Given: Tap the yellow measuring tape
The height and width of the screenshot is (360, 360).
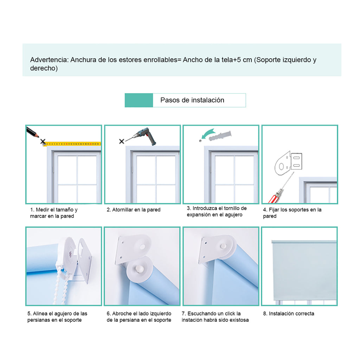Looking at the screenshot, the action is (72, 144).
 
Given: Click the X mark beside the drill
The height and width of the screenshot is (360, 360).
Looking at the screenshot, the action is (122, 141).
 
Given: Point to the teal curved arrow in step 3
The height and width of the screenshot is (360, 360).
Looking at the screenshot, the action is (208, 133).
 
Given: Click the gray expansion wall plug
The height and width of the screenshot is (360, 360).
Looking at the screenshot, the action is (220, 136).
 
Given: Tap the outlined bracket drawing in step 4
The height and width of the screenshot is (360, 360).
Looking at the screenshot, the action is (288, 163).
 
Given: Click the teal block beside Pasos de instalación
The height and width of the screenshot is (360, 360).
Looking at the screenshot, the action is (139, 100).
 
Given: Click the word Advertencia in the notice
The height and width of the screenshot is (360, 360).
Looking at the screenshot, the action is (50, 60).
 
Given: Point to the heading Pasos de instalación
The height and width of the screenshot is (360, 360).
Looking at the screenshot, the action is (192, 100).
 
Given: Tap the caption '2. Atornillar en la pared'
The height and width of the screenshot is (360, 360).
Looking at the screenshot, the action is (134, 210).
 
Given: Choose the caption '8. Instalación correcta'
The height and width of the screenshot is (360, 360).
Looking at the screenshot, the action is (289, 313).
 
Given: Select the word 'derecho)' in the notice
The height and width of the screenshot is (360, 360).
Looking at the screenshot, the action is (44, 68).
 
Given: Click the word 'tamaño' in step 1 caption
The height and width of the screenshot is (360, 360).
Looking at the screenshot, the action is (65, 210).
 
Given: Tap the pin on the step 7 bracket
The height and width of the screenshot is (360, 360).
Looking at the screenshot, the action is (223, 246).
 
